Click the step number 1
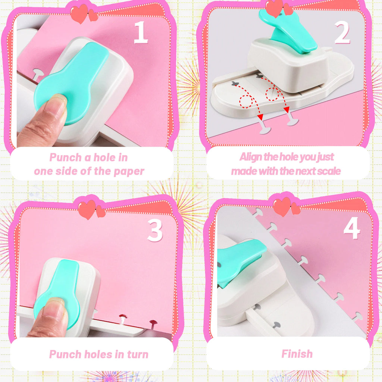pyautogui.click(x=141, y=33)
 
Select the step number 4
pyautogui.click(x=352, y=228)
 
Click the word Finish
pyautogui.click(x=297, y=354)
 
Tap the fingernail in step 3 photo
pyautogui.click(x=53, y=306)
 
